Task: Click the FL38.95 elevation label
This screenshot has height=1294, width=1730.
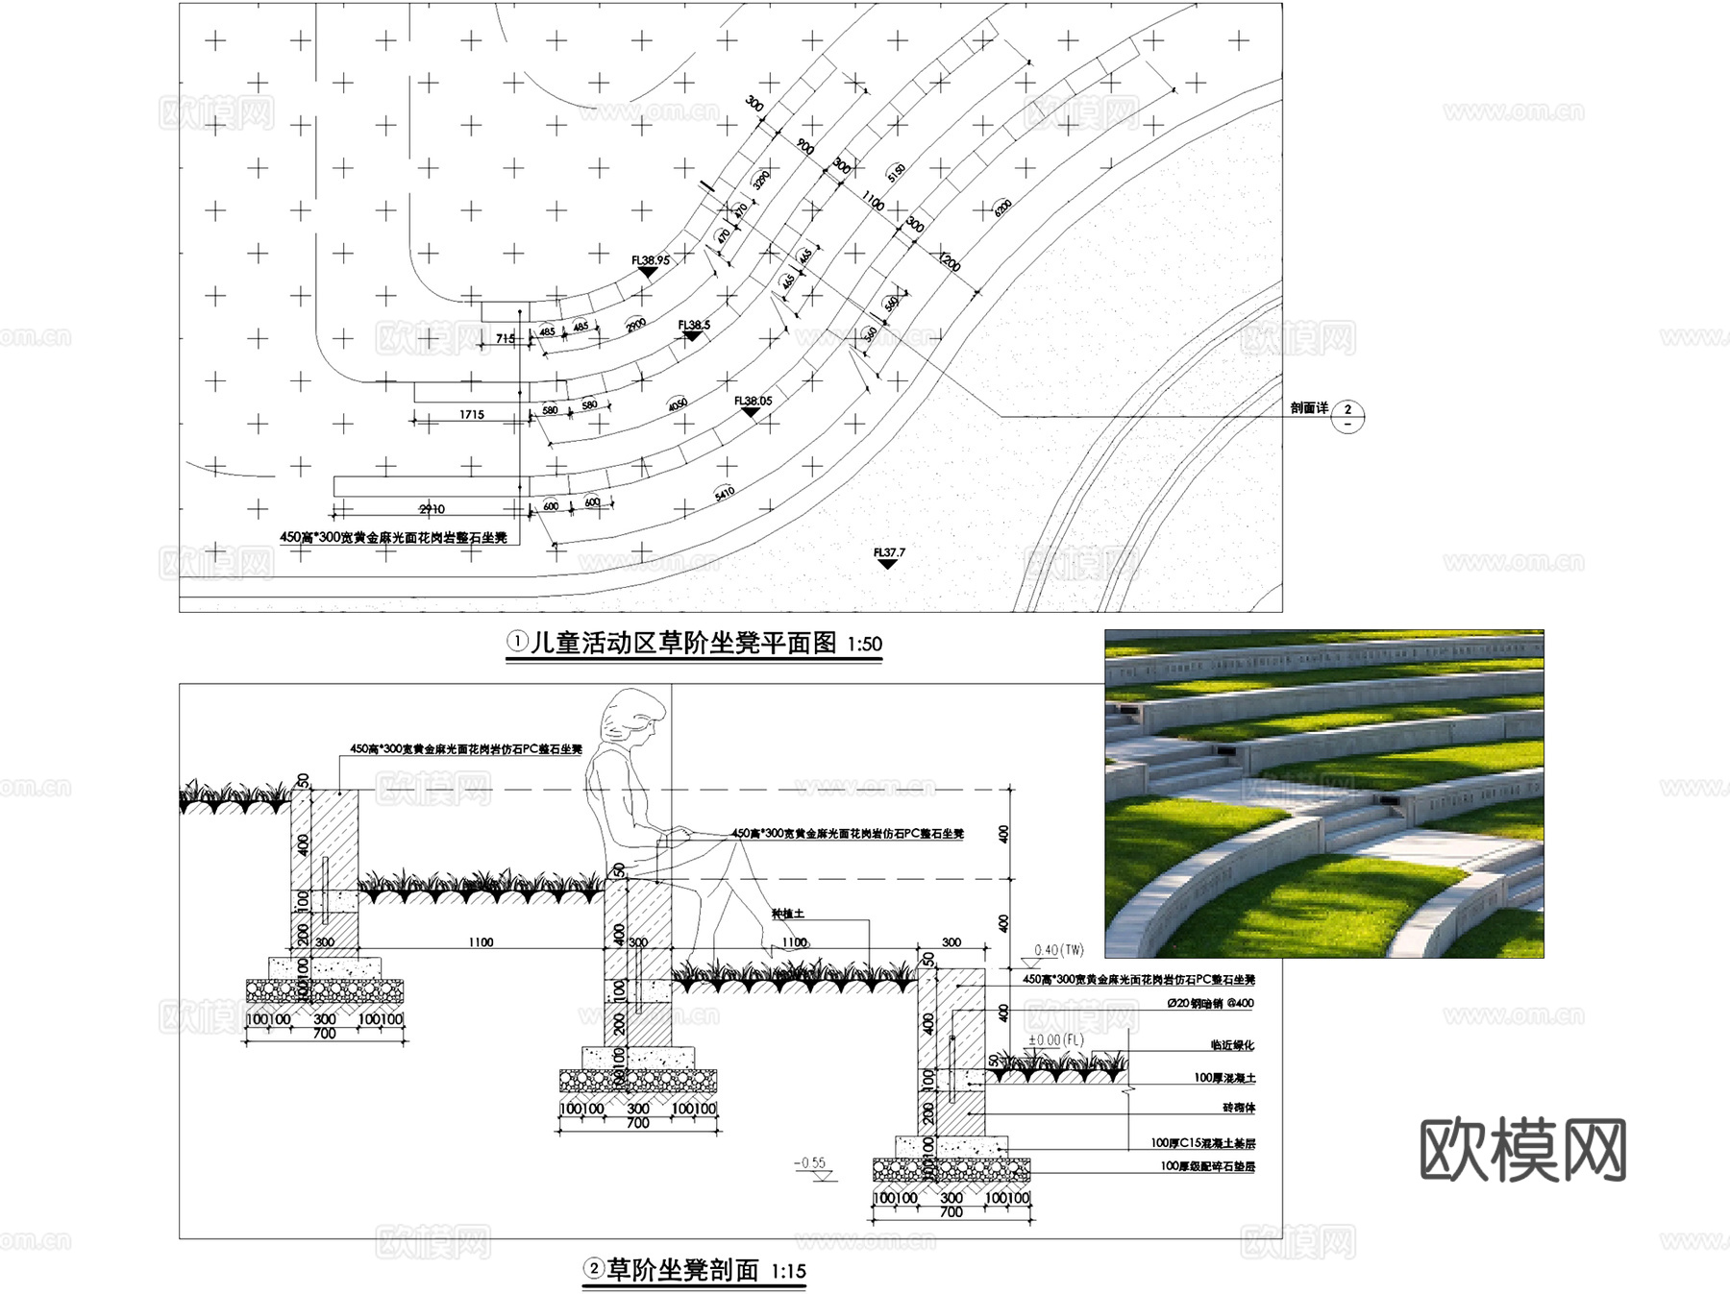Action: click(x=651, y=260)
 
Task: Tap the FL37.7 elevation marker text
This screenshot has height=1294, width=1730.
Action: click(x=889, y=552)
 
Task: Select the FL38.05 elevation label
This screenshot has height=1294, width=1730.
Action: click(x=753, y=401)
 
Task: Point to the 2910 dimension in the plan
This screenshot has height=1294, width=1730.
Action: click(x=432, y=509)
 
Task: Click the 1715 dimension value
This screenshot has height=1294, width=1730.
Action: click(x=472, y=415)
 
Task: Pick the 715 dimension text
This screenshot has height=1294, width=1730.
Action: click(x=506, y=338)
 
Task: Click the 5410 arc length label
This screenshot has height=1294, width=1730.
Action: click(x=725, y=493)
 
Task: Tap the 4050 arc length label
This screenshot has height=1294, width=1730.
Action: click(x=678, y=404)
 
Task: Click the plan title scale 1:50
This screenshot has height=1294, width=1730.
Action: click(x=864, y=645)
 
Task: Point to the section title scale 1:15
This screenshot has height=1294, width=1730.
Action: click(x=788, y=1272)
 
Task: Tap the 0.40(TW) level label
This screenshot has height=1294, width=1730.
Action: click(x=1058, y=950)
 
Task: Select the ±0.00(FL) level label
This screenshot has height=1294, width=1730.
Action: click(x=1055, y=1039)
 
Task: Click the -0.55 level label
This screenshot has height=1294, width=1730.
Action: click(x=810, y=1162)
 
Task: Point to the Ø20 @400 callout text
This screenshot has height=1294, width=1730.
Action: click(x=1210, y=1003)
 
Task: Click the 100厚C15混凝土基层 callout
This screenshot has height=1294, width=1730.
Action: click(x=1202, y=1143)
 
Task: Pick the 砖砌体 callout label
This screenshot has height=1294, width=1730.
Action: click(x=1238, y=1108)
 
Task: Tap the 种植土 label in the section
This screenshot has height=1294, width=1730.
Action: click(x=787, y=914)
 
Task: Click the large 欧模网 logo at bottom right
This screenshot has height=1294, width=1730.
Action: click(x=1522, y=1150)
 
